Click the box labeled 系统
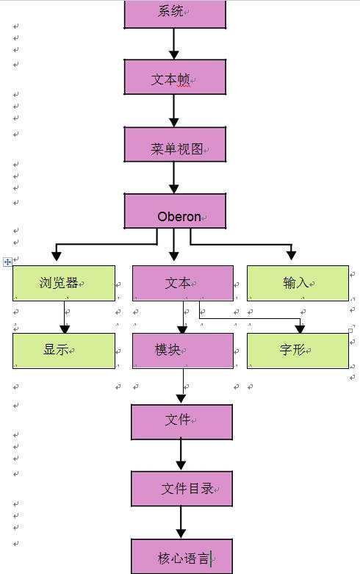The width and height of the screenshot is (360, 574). point(175,14)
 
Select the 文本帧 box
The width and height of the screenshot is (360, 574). point(175,77)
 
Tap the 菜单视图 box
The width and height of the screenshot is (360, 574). point(175,144)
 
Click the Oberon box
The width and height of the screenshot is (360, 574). point(175,211)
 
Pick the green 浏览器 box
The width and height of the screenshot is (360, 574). point(64,284)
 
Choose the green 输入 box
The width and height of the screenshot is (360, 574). point(298,284)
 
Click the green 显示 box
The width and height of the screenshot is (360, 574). point(64,351)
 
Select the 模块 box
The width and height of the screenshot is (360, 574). point(183,351)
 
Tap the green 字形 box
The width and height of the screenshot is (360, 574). point(298,351)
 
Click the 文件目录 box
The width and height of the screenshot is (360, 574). point(181,489)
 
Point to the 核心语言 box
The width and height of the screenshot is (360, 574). point(181,556)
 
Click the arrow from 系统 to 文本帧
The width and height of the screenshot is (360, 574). point(174,43)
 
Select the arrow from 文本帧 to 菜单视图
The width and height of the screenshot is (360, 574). point(174,110)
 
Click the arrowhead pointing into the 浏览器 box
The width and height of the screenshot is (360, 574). point(57,256)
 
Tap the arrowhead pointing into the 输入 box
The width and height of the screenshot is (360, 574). point(291,256)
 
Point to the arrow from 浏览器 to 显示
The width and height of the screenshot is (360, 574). point(65,317)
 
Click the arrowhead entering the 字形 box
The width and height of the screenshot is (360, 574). point(300,329)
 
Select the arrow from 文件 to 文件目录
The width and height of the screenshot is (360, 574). point(181,455)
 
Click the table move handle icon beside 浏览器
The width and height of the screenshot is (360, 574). point(7,262)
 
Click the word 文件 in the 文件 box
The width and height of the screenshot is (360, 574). point(178,420)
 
